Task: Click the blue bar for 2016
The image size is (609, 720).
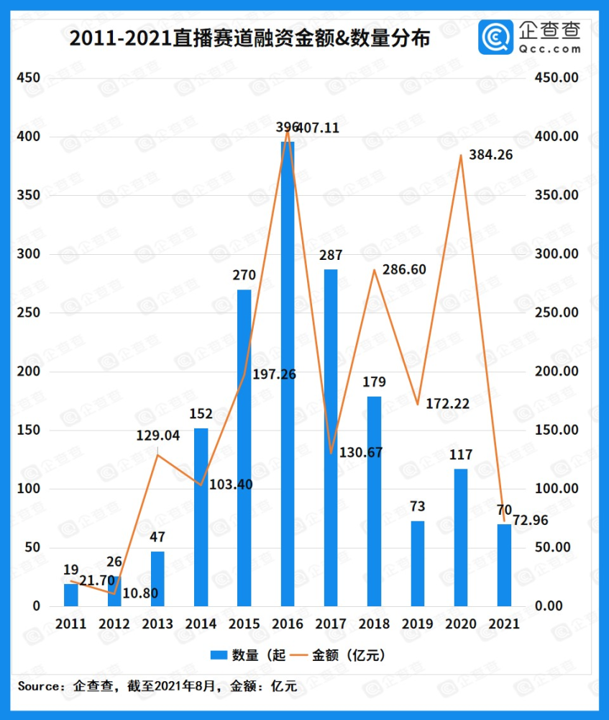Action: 288,374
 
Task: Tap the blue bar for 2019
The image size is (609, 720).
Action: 418,563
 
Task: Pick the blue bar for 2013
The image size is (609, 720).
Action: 157,578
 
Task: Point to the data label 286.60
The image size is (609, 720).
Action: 404,269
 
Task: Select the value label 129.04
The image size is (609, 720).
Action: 157,436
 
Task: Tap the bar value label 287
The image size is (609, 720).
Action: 331,255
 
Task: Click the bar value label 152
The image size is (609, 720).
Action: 201,413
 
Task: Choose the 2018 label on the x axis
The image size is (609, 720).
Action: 374,624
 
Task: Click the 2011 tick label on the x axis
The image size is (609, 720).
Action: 70,624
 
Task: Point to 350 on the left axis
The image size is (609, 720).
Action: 29,196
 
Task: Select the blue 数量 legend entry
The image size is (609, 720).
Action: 249,655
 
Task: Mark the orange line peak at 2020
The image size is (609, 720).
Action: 461,156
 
